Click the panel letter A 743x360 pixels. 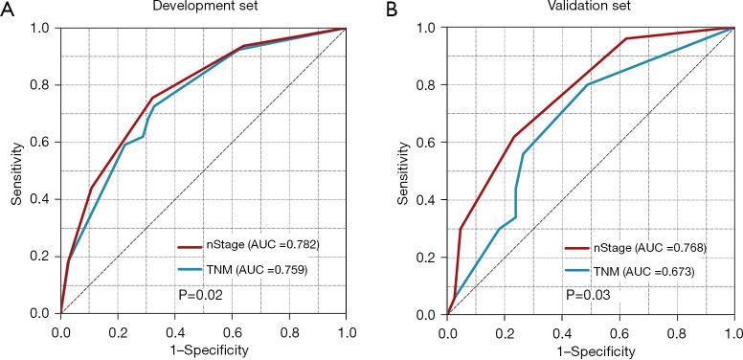(x=8, y=9)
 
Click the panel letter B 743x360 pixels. (x=390, y=9)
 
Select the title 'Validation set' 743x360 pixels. (x=589, y=8)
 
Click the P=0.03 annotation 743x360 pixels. (x=586, y=294)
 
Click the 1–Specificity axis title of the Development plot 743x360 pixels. (x=204, y=350)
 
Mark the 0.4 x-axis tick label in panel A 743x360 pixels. (x=175, y=331)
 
